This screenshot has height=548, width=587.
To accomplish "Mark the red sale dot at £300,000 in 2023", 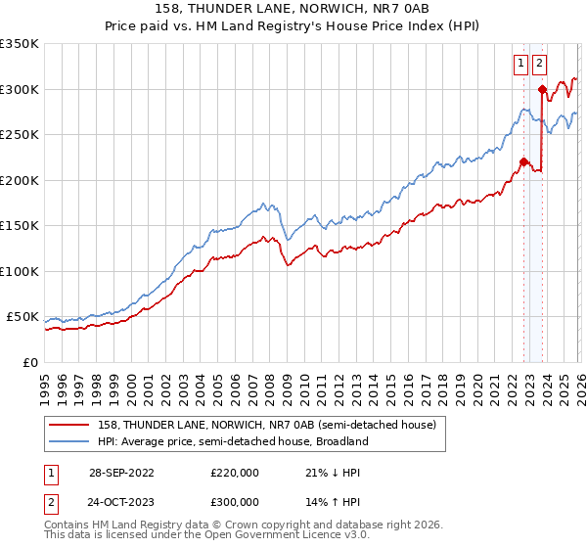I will click(542, 89).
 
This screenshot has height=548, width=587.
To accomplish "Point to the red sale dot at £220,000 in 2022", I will click(523, 162).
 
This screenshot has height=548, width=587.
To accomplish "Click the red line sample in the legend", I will click(70, 425).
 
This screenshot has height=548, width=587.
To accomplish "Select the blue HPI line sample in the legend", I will click(70, 441).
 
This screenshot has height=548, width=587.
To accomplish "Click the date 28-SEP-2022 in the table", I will click(121, 472).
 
